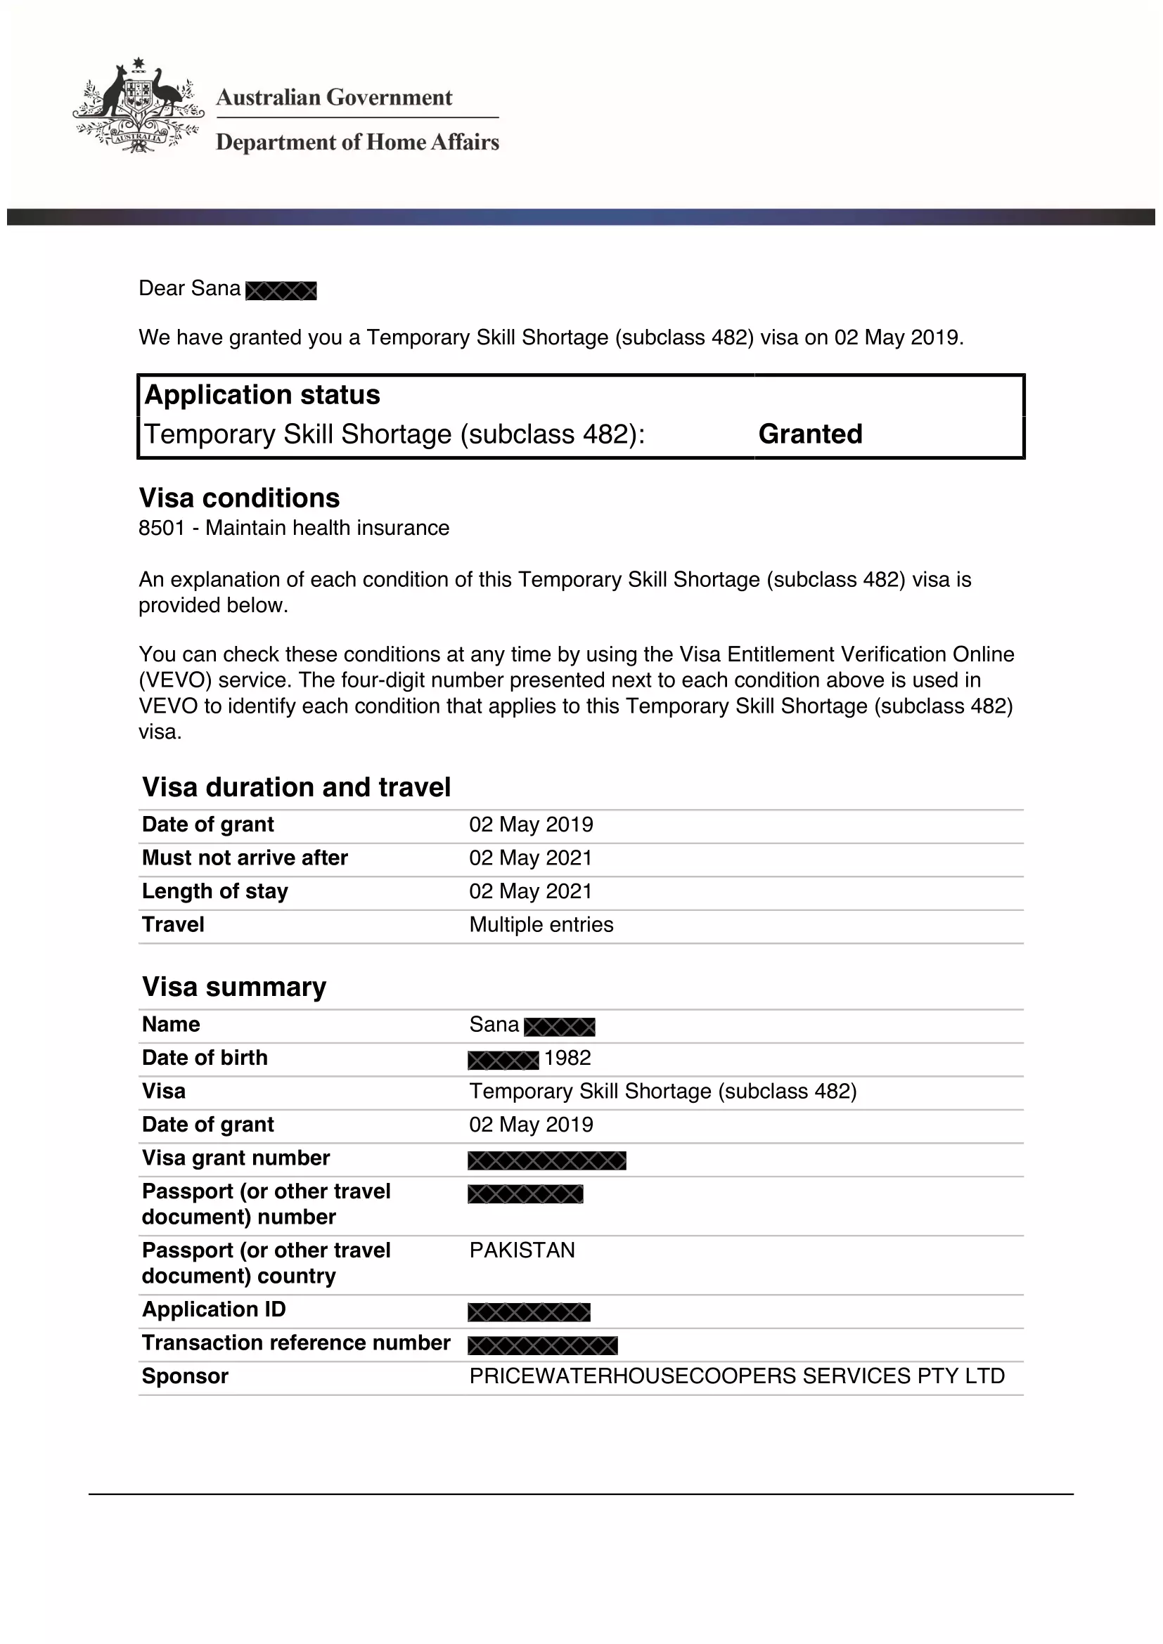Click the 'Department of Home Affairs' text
click(x=357, y=142)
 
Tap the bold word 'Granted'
click(x=810, y=434)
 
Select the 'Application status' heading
click(x=262, y=395)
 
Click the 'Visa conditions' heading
click(x=239, y=498)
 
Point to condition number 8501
click(x=162, y=529)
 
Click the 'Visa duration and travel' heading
click(x=297, y=788)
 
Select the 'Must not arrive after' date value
click(x=531, y=857)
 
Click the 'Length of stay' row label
click(x=215, y=891)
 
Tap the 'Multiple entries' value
click(x=541, y=925)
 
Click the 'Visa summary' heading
click(x=234, y=988)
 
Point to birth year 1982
click(x=567, y=1059)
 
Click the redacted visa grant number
click(x=547, y=1160)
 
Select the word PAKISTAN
click(x=522, y=1250)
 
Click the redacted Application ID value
click(x=529, y=1312)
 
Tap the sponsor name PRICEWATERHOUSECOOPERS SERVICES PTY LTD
click(x=737, y=1376)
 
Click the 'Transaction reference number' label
click(x=296, y=1343)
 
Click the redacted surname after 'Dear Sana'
click(x=281, y=291)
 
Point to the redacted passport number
click(x=526, y=1194)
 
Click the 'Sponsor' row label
click(x=185, y=1376)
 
